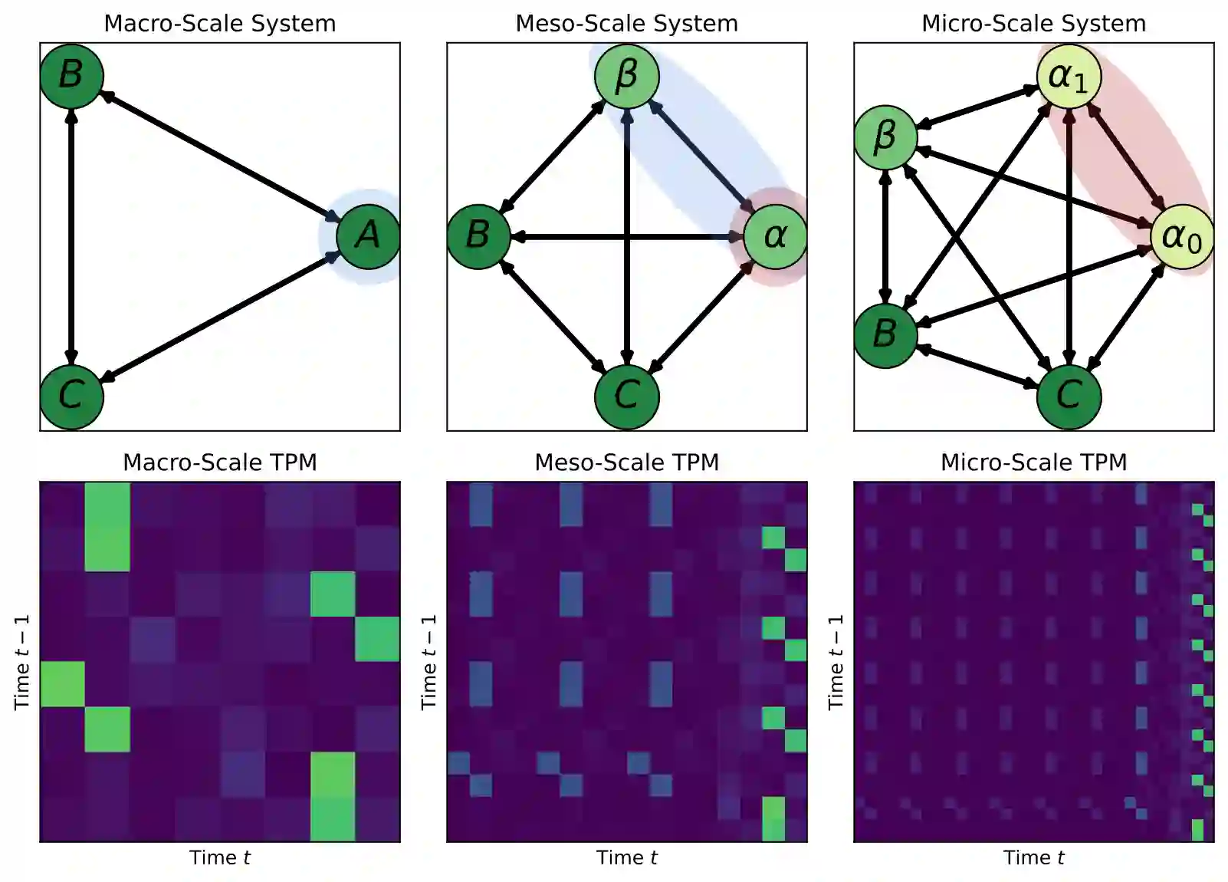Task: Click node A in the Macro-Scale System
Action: click(368, 236)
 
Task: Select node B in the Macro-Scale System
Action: click(71, 75)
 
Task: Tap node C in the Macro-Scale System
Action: click(71, 397)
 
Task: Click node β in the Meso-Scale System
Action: click(626, 76)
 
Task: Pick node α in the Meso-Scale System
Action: click(775, 236)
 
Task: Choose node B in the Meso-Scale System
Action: click(478, 236)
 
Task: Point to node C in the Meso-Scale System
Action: click(626, 397)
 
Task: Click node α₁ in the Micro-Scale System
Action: click(1069, 76)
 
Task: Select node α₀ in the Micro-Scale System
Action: click(1182, 236)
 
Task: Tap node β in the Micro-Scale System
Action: click(885, 137)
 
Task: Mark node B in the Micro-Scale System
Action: click(885, 335)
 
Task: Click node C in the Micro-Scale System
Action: click(1069, 397)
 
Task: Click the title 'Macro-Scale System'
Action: click(220, 24)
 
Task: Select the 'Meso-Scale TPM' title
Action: click(626, 462)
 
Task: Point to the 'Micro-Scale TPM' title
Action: click(1033, 462)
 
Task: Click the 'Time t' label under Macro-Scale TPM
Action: click(220, 857)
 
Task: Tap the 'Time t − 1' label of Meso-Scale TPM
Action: click(429, 661)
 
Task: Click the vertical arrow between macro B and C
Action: click(71, 236)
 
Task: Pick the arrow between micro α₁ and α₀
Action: click(1125, 156)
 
